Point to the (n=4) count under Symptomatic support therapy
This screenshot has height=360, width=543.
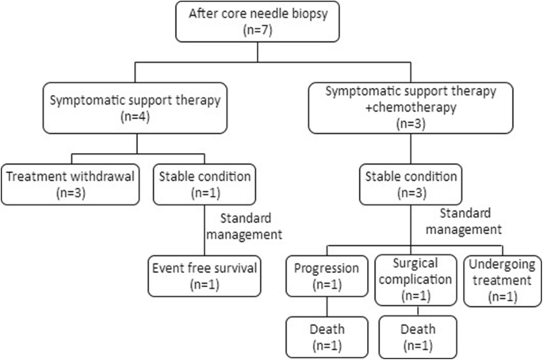[135, 121]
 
